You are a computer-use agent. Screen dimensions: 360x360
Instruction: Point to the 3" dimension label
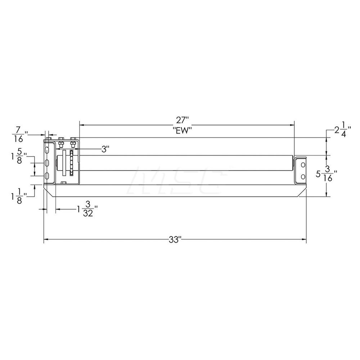[104, 149]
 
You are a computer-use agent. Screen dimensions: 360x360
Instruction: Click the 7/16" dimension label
[19, 134]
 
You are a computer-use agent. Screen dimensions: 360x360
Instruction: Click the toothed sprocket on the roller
[72, 164]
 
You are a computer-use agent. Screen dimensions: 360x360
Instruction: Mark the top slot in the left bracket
[47, 150]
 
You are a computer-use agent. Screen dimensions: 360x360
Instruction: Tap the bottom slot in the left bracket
[47, 176]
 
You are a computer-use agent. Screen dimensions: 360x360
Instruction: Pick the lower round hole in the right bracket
[302, 176]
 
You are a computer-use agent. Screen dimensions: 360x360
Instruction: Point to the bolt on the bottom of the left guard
[64, 183]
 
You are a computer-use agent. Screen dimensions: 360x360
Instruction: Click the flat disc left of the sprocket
[64, 164]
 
